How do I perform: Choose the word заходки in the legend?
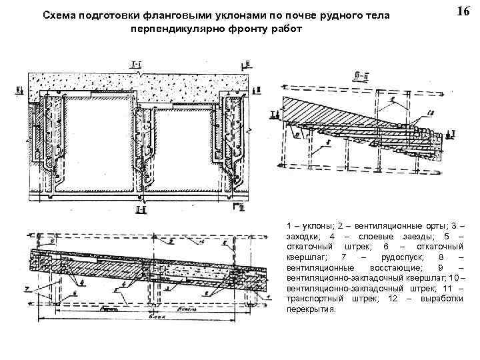(303, 238)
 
